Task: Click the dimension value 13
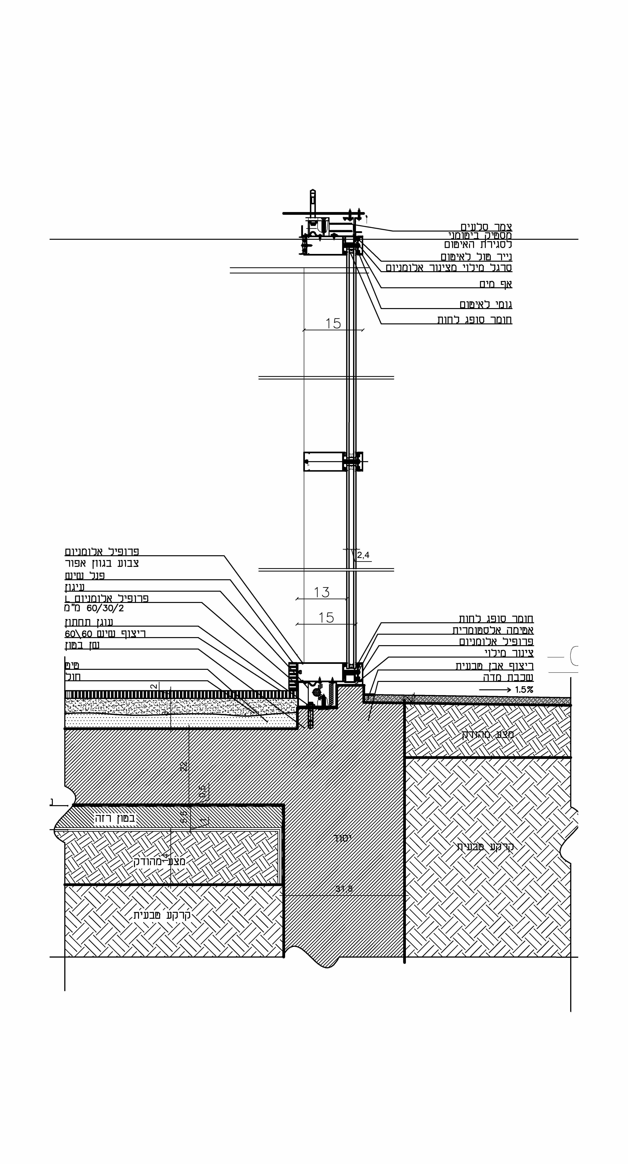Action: (322, 592)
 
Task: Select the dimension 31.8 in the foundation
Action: (344, 889)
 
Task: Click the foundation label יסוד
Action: (343, 838)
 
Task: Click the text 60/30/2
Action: (105, 608)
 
